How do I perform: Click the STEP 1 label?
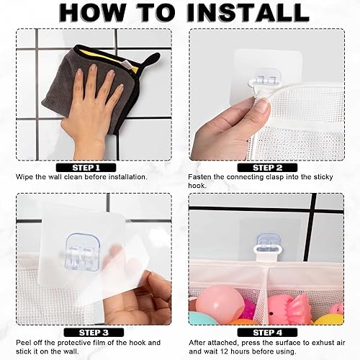[93, 167]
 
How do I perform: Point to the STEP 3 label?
[93, 332]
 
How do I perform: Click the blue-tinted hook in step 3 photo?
[80, 252]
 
